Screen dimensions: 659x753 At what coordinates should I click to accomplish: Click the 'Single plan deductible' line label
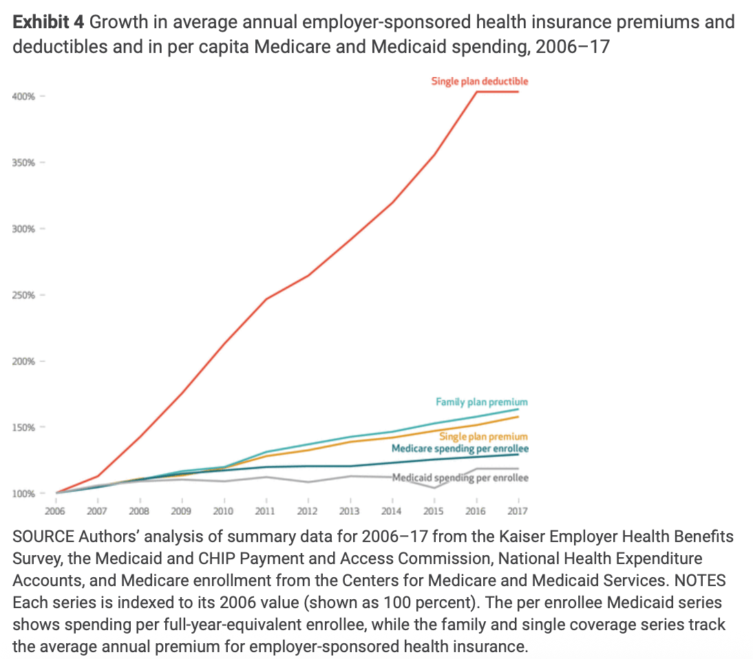pos(480,81)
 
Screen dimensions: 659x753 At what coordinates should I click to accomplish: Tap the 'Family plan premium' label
pos(482,402)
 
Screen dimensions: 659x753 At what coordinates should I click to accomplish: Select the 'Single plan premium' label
pos(483,436)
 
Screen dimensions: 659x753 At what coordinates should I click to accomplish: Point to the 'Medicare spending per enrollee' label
pos(460,449)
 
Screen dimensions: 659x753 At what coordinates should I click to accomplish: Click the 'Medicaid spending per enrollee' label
pos(460,477)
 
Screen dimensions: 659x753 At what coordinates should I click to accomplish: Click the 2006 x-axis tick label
pos(55,511)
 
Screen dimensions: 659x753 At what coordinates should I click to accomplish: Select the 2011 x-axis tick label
pos(265,511)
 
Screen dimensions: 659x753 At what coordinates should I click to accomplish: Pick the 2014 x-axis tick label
pos(392,511)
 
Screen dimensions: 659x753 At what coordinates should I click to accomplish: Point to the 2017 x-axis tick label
pos(518,511)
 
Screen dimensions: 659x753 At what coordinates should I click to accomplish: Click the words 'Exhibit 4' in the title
pos(48,22)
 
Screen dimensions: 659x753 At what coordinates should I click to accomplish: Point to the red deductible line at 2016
pos(476,91)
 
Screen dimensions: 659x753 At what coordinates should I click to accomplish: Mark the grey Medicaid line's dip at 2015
pos(434,488)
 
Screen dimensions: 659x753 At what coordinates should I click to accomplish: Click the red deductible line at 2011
pos(266,299)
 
